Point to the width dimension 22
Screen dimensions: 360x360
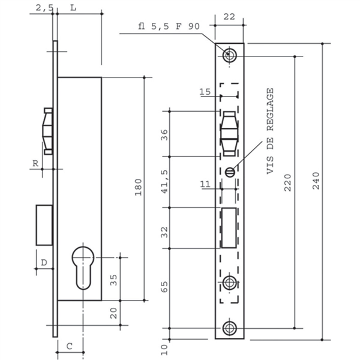pyautogui.click(x=229, y=17)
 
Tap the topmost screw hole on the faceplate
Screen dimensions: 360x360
pyautogui.click(x=229, y=55)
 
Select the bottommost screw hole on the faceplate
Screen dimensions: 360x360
pyautogui.click(x=229, y=328)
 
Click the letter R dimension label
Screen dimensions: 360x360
pyautogui.click(x=36, y=162)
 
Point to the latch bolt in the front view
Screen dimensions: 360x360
pyautogui.click(x=229, y=133)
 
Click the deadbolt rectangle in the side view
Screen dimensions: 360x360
pyautogui.click(x=44, y=225)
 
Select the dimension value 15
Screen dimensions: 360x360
pyautogui.click(x=205, y=92)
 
